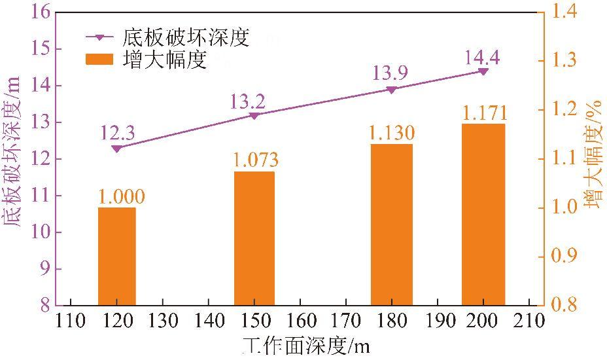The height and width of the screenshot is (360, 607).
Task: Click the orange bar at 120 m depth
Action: click(117, 256)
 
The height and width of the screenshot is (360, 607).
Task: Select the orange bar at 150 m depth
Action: click(254, 238)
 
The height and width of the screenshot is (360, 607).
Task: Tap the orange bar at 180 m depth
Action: click(392, 225)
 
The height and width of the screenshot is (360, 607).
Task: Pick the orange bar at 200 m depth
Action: click(483, 214)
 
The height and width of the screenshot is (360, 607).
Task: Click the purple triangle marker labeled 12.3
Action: click(117, 149)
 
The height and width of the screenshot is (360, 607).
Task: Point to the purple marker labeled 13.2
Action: click(254, 116)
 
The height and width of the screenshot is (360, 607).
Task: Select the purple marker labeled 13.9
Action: click(392, 90)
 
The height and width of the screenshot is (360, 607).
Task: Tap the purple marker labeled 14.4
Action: click(483, 71)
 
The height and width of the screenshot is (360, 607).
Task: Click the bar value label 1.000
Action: click(122, 196)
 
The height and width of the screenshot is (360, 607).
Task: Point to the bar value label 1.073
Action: click(256, 159)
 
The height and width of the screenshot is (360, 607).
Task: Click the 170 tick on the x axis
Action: click(345, 321)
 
